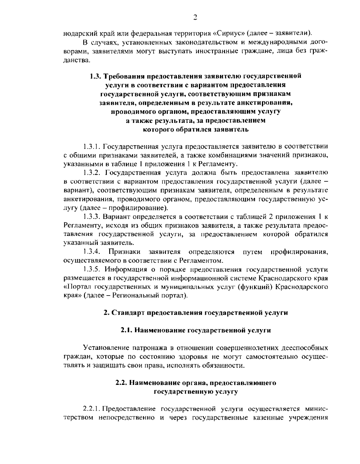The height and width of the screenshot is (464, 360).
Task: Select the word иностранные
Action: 212,51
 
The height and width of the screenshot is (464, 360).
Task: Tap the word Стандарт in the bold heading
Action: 128,313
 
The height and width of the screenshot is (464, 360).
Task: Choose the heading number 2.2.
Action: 121,383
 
